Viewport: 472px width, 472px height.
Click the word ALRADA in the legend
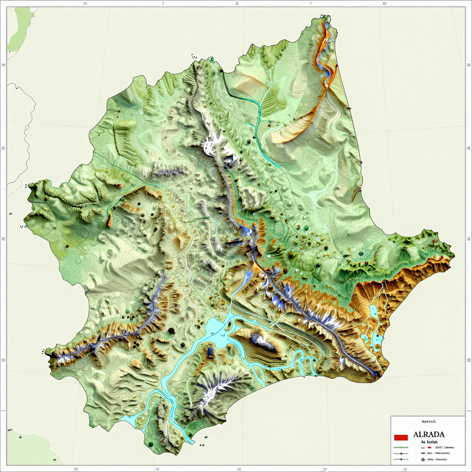(429, 434)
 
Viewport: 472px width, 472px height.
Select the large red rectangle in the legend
(401, 437)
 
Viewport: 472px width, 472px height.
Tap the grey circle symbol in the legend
(423, 459)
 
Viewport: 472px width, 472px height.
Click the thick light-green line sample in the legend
(401, 447)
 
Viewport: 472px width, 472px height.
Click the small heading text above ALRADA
(429, 421)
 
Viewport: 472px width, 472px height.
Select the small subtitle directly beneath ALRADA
(429, 441)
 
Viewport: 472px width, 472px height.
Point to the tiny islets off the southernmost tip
(201, 445)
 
